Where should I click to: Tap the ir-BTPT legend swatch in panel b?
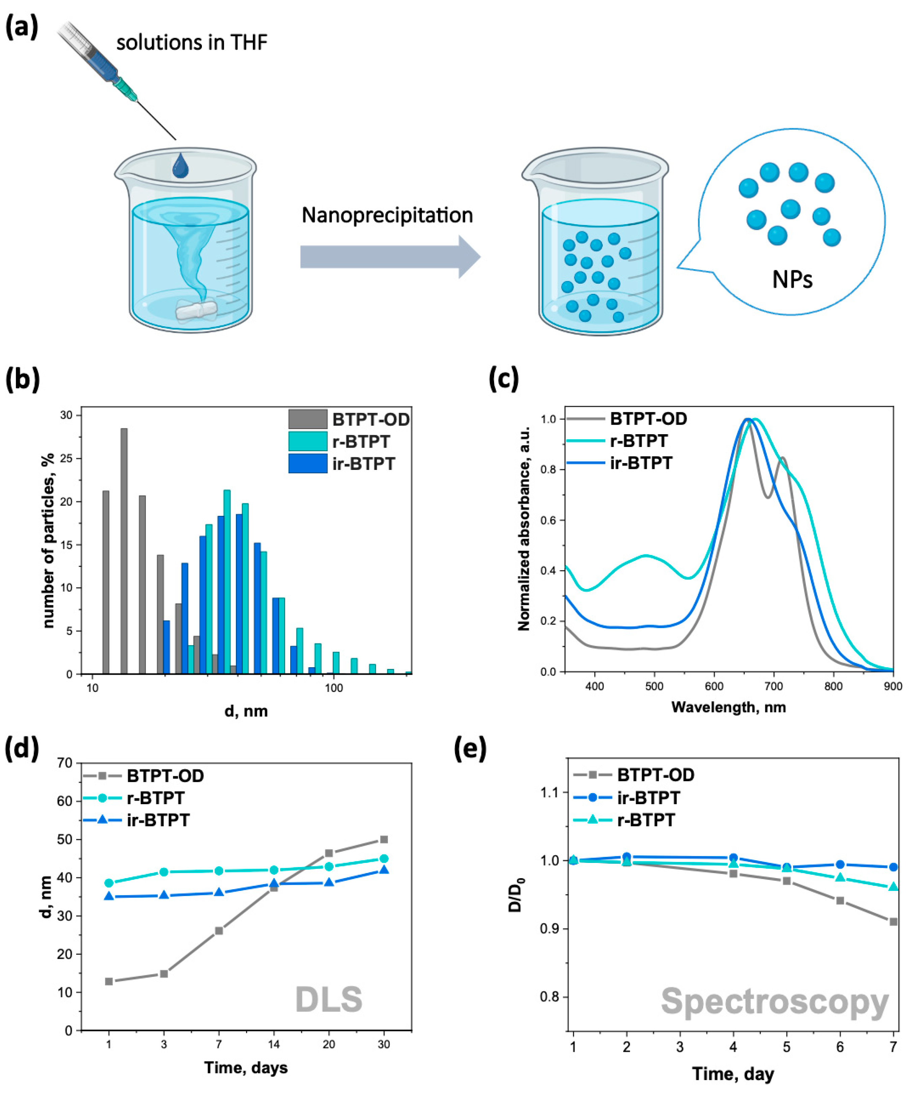tap(308, 463)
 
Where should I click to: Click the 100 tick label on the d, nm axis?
tap(333, 688)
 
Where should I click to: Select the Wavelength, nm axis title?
tap(728, 707)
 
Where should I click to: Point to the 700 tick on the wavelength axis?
tap(774, 686)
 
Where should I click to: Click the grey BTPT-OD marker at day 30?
tap(384, 839)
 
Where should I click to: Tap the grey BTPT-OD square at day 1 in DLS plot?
tap(109, 981)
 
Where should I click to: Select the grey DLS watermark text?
tap(329, 1000)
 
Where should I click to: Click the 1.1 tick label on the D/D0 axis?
tap(549, 792)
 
